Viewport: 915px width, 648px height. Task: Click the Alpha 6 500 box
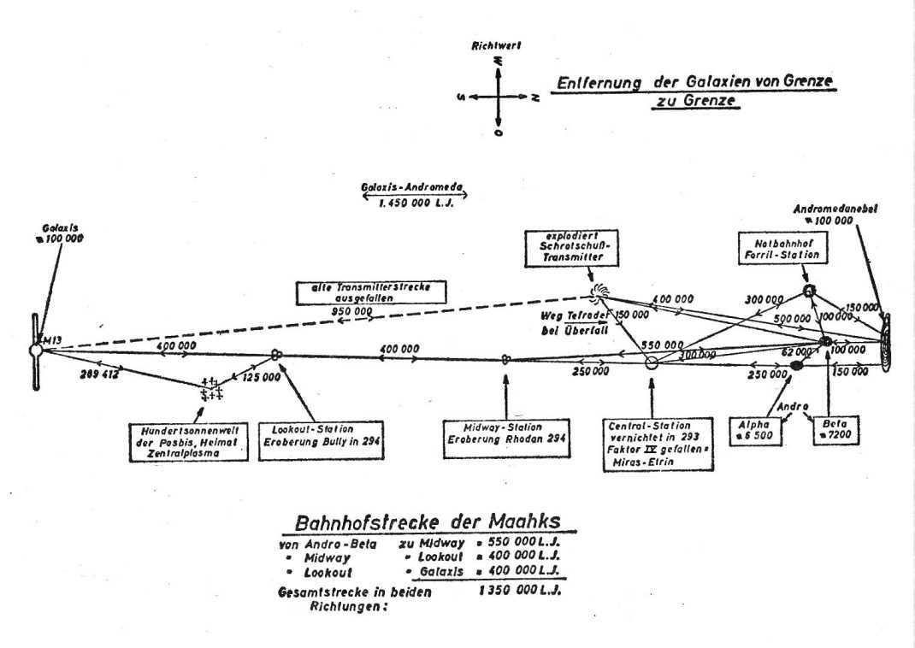[755, 428]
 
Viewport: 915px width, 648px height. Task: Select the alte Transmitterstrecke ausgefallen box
[371, 292]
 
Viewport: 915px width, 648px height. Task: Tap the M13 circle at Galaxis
[35, 350]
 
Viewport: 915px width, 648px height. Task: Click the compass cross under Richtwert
[499, 97]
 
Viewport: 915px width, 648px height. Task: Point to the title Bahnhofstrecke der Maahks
[423, 522]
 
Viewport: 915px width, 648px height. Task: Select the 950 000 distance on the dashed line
[351, 313]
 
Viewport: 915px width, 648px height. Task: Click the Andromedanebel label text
[847, 209]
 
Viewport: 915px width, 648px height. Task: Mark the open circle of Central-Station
[651, 362]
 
